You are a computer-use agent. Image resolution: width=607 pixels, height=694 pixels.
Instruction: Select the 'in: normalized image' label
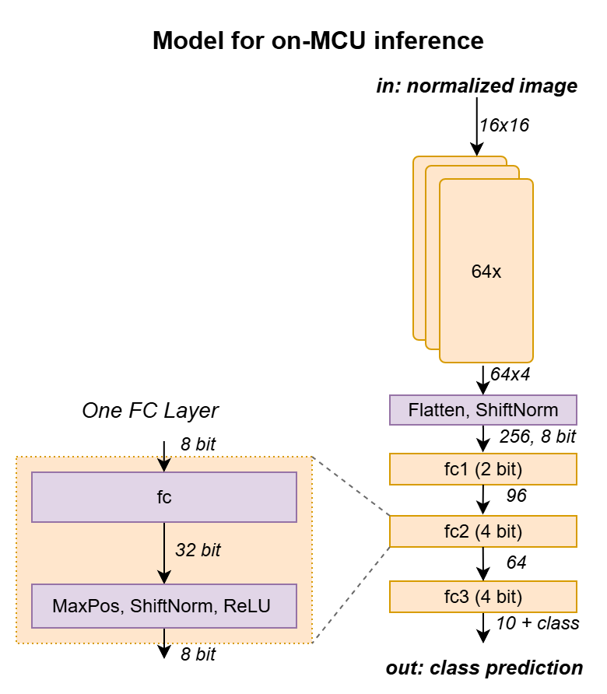coord(477,86)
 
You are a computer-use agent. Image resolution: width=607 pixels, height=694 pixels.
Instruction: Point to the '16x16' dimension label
coord(504,124)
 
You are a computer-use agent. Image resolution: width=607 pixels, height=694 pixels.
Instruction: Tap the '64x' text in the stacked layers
coord(486,272)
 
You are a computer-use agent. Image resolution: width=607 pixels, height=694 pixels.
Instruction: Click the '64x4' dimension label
coord(511,373)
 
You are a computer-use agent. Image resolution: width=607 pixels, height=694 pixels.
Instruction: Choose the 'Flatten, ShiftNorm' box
coord(482,409)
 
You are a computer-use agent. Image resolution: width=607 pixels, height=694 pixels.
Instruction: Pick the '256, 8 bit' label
coord(537,438)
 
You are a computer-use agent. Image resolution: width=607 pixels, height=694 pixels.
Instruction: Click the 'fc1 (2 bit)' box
coord(482,469)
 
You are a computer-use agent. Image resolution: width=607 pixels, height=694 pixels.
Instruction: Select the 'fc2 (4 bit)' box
coord(482,532)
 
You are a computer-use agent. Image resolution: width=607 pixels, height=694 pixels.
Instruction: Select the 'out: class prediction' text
coord(484,668)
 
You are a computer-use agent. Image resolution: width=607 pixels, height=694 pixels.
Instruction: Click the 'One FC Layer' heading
coord(150,410)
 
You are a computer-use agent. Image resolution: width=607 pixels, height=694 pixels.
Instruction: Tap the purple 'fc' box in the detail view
coord(163,496)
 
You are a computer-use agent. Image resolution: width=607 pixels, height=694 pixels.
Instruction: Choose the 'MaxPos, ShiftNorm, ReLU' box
coord(163,605)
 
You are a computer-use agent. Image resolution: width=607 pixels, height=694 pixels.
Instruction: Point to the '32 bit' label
coord(197,550)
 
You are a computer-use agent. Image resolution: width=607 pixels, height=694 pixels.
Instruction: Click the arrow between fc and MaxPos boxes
coord(163,552)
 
